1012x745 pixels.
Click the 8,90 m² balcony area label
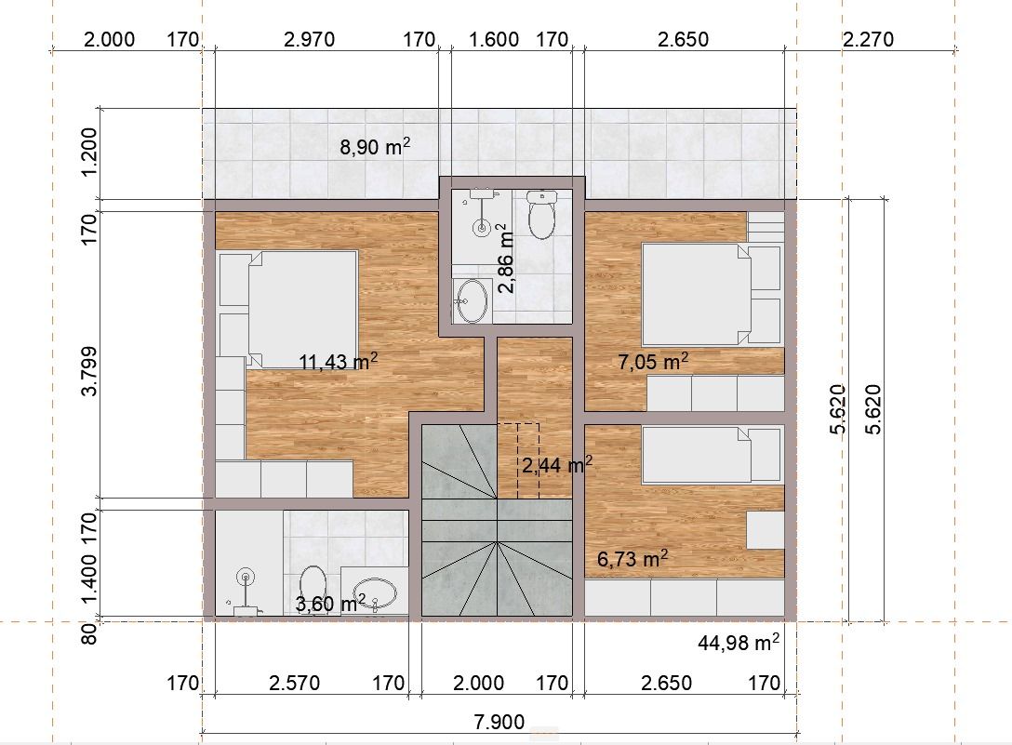tap(375, 147)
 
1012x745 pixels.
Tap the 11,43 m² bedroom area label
tap(339, 361)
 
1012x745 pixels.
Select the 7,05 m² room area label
tap(653, 361)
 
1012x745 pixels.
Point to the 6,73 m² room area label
tap(632, 558)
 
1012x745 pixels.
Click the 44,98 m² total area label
tap(739, 642)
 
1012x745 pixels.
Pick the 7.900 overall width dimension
tap(499, 721)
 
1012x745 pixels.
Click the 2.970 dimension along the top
tap(309, 39)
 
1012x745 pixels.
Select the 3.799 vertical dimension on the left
tap(88, 370)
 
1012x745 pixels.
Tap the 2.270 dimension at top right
tap(868, 39)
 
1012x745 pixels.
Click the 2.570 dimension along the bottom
tap(294, 683)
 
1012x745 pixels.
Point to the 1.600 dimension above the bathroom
tap(494, 39)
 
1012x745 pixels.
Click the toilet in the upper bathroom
tap(541, 214)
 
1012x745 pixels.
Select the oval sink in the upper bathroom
tap(472, 300)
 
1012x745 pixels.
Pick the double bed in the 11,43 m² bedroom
tap(301, 309)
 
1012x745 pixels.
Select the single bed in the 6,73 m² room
tap(697, 455)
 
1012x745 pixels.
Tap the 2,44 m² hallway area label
tap(556, 465)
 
